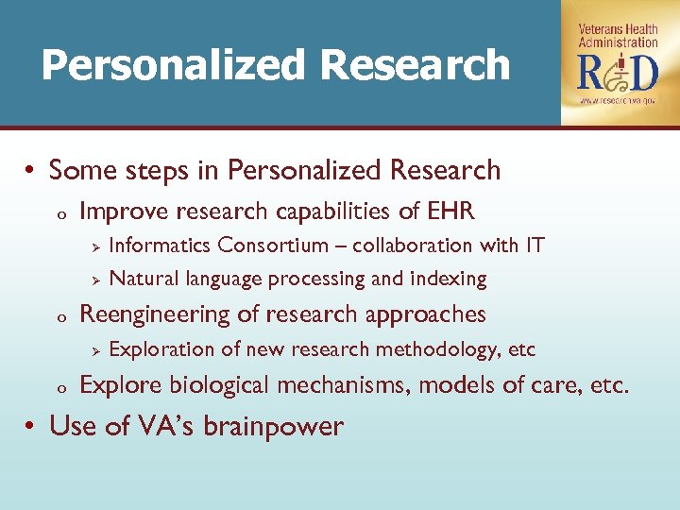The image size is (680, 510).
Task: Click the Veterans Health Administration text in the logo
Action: [x=619, y=36]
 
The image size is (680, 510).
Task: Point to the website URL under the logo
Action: [x=619, y=100]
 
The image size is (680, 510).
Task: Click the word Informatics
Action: [x=160, y=246]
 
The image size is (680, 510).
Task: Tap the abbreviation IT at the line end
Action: [x=535, y=246]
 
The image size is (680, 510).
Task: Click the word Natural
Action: [x=144, y=279]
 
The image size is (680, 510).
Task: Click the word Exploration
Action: [x=161, y=349]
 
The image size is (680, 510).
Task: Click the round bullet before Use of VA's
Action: [x=31, y=427]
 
